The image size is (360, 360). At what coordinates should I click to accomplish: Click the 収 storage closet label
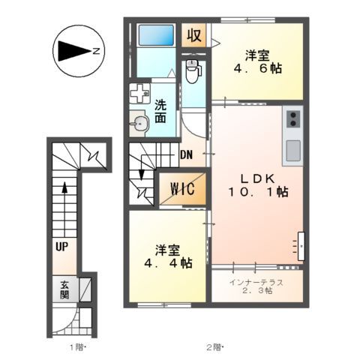pyautogui.click(x=193, y=35)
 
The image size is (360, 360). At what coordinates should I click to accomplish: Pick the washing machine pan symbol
pyautogui.click(x=139, y=94)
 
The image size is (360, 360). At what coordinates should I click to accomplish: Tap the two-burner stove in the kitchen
pyautogui.click(x=292, y=118)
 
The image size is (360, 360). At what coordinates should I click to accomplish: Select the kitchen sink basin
pyautogui.click(x=292, y=148)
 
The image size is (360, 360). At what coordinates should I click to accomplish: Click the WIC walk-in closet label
pyautogui.click(x=181, y=189)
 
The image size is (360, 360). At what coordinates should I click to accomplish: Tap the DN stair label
pyautogui.click(x=187, y=156)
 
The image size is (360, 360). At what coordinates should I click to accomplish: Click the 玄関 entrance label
pyautogui.click(x=65, y=289)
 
